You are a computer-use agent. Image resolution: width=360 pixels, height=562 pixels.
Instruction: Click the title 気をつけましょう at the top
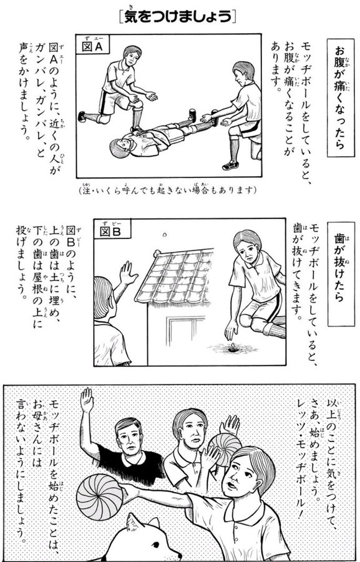[177, 17]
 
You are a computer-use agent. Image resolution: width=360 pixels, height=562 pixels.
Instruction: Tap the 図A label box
[92, 44]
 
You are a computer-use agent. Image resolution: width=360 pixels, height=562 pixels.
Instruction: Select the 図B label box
[112, 229]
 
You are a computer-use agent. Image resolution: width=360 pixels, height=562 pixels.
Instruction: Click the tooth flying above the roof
[165, 235]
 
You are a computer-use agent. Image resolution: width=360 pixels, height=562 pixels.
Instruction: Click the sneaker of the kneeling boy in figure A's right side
[231, 165]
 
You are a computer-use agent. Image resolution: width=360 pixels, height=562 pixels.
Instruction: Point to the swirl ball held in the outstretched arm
[100, 497]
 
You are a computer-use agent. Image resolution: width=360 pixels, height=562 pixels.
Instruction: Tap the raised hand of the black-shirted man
[87, 400]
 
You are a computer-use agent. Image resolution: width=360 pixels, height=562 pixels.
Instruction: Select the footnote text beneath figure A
[168, 189]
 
